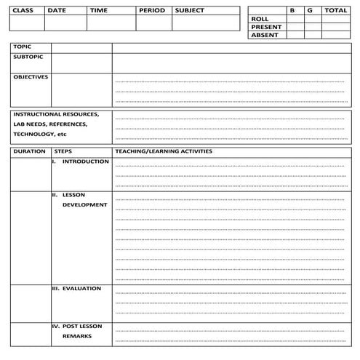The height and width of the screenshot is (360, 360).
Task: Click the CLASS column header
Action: pos(23,11)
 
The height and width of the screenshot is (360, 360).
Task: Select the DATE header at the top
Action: pos(56,11)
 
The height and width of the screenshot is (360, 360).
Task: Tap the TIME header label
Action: pos(98,11)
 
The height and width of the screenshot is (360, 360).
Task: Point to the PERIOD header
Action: pos(152,11)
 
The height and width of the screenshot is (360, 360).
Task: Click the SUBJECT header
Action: pos(189,11)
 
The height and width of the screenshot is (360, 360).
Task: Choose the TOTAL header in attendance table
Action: pos(335,11)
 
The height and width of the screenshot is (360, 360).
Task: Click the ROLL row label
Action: pos(260,19)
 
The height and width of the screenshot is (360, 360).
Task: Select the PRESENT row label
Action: pos(265,27)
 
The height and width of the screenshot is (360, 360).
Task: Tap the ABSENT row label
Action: pos(264,35)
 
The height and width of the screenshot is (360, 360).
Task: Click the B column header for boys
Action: pos(292,11)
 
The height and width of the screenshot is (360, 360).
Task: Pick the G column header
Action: pos(310,11)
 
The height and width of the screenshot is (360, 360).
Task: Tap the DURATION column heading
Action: pos(28,151)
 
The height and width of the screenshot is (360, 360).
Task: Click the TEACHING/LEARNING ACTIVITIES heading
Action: pos(164,151)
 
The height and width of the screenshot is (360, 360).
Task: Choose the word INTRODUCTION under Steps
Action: pos(85,161)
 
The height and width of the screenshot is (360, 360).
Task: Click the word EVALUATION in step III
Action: pos(81,289)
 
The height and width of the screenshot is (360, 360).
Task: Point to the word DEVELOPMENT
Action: pos(84,205)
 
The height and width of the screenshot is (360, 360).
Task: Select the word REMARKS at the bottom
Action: pos(76,337)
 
